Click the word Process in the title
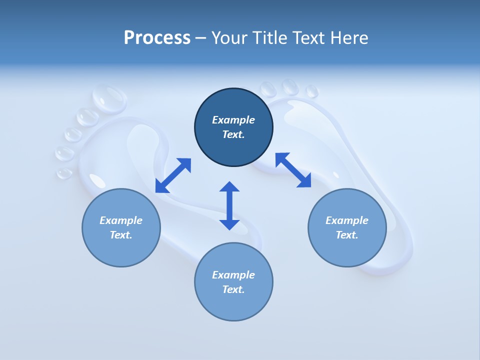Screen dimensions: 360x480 157,38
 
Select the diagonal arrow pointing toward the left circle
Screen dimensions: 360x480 173,175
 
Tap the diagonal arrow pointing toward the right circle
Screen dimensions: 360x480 293,170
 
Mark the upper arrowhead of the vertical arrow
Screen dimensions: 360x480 229,187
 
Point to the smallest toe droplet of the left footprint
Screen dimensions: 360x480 64,173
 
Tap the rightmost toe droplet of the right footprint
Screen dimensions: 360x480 312,91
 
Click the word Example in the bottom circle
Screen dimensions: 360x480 233,274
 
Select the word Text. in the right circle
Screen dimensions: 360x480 347,235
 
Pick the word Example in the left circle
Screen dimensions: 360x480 121,220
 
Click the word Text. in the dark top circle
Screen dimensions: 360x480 233,134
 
